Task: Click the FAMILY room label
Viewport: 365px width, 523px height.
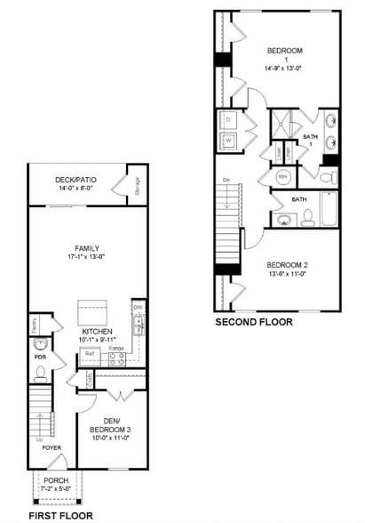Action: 86,248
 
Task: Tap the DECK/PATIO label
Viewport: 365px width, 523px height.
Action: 76,180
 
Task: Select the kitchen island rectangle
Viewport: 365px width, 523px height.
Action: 92,312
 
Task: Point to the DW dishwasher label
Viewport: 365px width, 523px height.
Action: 138,309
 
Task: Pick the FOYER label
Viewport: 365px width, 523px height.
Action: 52,447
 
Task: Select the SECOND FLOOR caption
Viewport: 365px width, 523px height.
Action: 253,323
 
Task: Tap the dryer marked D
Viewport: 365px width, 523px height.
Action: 228,119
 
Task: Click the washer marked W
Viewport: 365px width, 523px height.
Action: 228,141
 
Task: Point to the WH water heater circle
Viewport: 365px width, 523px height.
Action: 283,177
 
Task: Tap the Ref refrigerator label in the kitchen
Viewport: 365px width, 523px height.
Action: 90,354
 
